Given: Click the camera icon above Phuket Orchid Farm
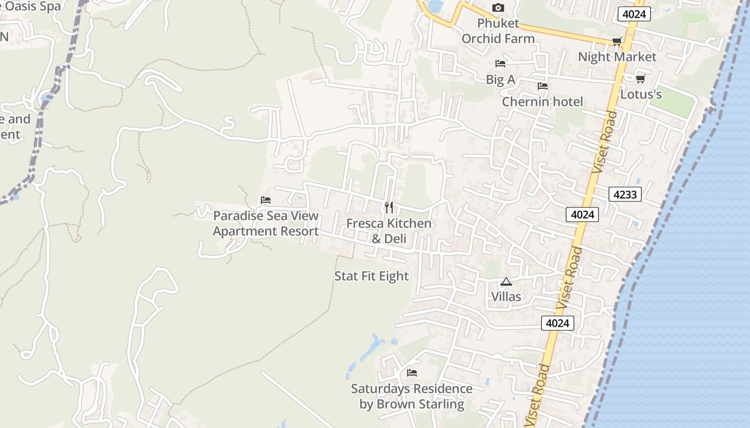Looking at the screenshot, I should [x=498, y=7].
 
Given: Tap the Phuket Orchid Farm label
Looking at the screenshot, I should [x=498, y=31].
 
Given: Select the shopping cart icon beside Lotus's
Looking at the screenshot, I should [x=640, y=79].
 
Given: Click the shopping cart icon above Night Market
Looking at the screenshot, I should [x=617, y=41].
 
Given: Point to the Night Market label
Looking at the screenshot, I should [x=617, y=57].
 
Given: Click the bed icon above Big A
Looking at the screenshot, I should [x=500, y=64].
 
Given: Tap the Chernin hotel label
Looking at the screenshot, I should [x=542, y=102].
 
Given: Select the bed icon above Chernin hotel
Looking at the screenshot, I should [x=543, y=86].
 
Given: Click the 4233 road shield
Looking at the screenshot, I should [x=625, y=194].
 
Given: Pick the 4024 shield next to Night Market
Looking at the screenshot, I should [x=634, y=14].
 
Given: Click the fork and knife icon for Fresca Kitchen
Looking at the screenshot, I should [x=389, y=207].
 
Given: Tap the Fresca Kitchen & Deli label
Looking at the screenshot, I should [x=389, y=231].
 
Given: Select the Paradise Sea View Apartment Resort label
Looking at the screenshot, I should [x=266, y=224].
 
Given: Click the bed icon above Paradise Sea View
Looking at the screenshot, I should [x=266, y=200].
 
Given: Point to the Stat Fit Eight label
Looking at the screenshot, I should [x=371, y=276].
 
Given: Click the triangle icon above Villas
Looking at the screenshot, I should [x=506, y=281].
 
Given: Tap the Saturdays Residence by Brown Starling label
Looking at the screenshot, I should [x=411, y=396].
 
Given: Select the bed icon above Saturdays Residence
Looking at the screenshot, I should [x=411, y=373].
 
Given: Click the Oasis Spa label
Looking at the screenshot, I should [x=29, y=6].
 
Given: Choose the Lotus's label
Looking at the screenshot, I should [x=641, y=95].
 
